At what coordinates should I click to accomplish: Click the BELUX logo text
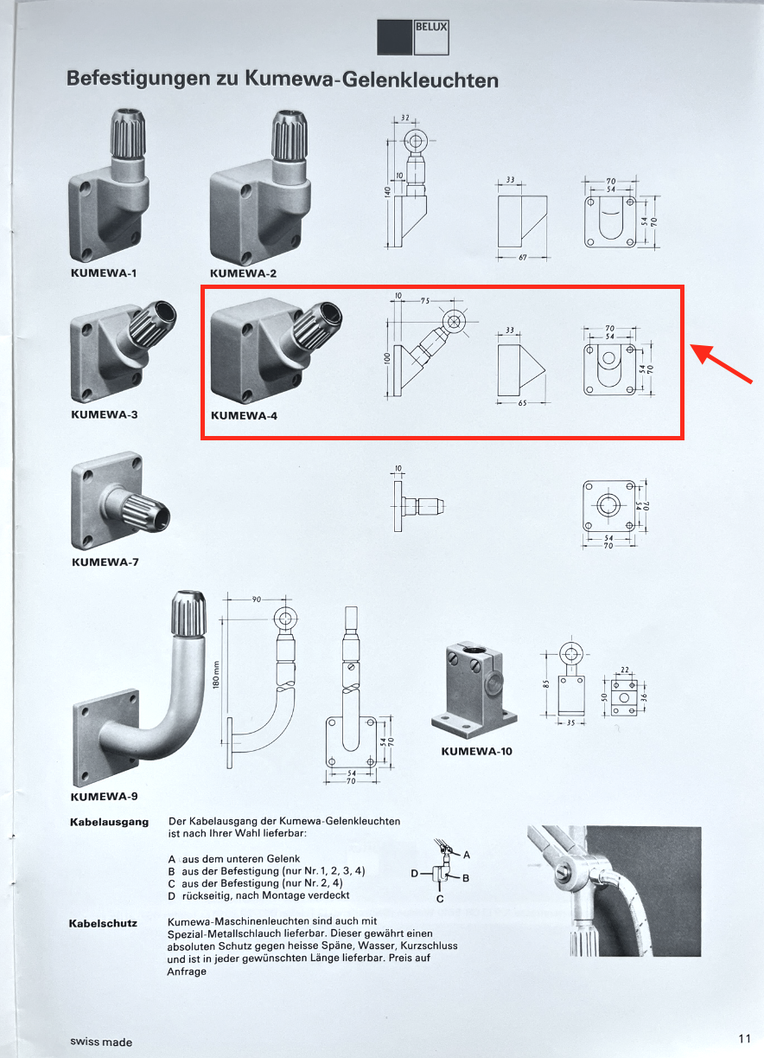click(x=431, y=28)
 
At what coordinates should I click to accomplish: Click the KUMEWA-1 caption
click(x=103, y=273)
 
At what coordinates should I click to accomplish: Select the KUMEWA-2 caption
click(x=243, y=273)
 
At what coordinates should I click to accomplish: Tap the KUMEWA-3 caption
click(x=103, y=414)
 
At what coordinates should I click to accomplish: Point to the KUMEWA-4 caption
click(x=245, y=415)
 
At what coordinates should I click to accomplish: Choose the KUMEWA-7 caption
click(x=105, y=561)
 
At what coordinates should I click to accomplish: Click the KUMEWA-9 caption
click(x=104, y=796)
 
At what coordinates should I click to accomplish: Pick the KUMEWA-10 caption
click(x=476, y=751)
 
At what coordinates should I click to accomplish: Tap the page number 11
click(x=744, y=1038)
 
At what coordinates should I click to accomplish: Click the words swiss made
click(x=101, y=1042)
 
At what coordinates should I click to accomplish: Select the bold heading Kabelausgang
click(x=109, y=822)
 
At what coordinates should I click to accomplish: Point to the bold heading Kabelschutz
click(x=103, y=923)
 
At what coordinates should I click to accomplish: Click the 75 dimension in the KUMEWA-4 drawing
click(x=424, y=301)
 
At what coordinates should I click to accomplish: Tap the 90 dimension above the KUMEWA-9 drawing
click(x=257, y=599)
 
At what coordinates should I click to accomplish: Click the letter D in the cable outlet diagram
click(x=415, y=874)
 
